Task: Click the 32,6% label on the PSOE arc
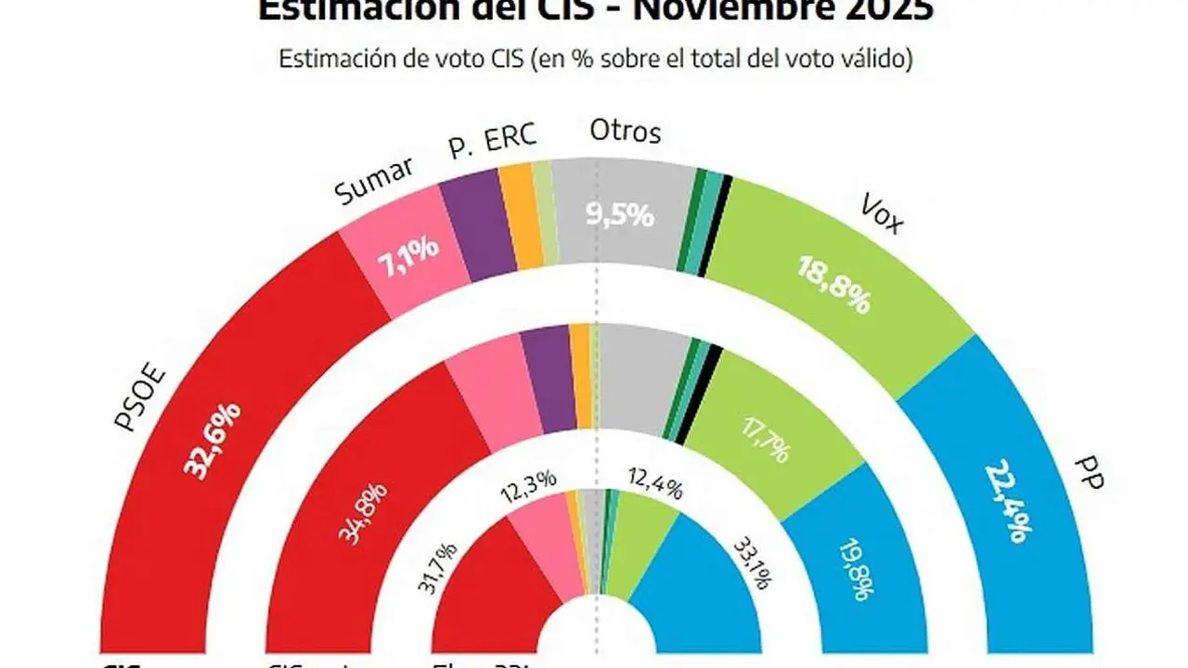point(215,440)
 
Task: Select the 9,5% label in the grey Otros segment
point(621,216)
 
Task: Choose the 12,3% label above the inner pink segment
point(527,480)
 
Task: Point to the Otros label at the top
point(626,132)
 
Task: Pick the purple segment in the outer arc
point(474,225)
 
